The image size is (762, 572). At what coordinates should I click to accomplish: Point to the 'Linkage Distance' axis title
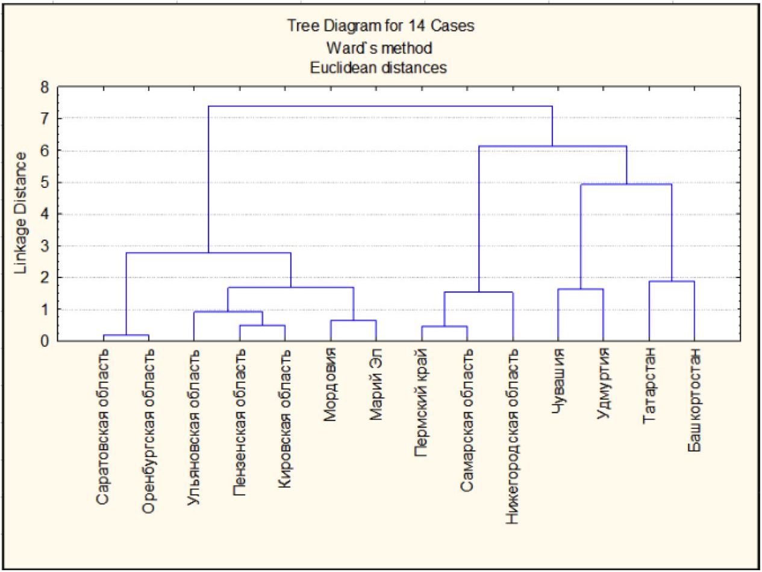tap(21, 213)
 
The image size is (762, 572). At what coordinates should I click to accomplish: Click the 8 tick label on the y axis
tap(44, 87)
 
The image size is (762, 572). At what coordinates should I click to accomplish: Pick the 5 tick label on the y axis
tap(44, 182)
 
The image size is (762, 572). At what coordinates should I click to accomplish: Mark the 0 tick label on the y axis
tap(44, 341)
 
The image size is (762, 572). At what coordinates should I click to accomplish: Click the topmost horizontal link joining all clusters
tap(380, 106)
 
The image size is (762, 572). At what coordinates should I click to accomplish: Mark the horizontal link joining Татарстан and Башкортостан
tap(672, 281)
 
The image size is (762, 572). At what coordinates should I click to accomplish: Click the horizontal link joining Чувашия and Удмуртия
tap(581, 289)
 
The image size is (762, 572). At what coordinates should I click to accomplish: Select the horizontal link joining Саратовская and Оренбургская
tap(126, 335)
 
